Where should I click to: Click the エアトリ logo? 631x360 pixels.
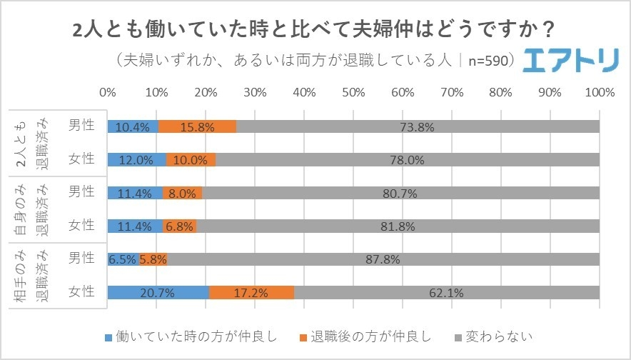[570, 61]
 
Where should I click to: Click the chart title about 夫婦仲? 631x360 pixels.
[315, 29]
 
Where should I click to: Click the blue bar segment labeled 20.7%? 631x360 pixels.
[158, 292]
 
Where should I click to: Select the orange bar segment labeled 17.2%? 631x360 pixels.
[251, 292]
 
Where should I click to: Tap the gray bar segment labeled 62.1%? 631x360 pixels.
[446, 292]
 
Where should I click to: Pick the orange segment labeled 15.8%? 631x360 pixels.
[197, 126]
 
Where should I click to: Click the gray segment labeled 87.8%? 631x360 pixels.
[383, 259]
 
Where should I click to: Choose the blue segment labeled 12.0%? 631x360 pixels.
[136, 160]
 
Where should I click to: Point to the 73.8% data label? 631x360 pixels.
[418, 127]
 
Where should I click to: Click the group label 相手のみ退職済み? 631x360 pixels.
[32, 275]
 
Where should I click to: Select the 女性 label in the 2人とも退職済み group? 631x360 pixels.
[81, 159]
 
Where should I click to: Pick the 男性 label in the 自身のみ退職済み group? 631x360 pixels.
[81, 192]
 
